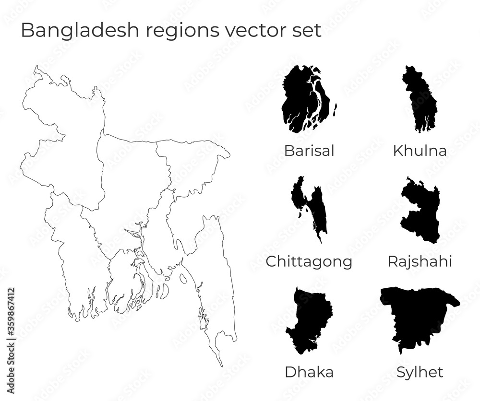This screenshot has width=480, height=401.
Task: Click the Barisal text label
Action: click(x=309, y=151)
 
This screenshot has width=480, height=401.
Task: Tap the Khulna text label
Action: click(x=420, y=151)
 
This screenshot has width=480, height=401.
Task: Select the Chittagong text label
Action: click(x=309, y=262)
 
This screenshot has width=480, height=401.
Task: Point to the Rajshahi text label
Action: click(x=420, y=262)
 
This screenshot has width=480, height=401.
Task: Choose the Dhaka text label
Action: click(x=309, y=372)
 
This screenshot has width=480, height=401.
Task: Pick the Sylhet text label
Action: click(x=420, y=372)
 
